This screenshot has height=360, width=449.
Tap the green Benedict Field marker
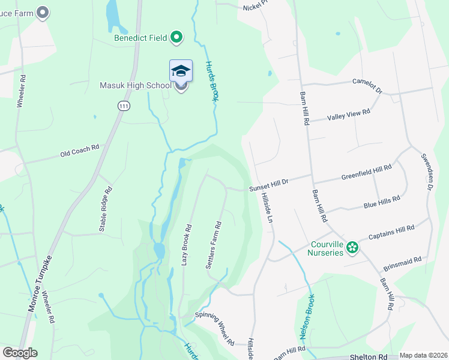[176, 38]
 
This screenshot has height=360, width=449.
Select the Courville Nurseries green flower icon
[352, 247]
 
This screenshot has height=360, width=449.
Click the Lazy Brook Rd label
[187, 245]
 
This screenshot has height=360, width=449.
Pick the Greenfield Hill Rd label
[366, 173]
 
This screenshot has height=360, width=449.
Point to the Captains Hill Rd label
[391, 232]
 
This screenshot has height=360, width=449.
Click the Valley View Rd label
[348, 114]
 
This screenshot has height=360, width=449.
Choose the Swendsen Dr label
[427, 169]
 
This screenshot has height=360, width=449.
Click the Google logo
[20, 353]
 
